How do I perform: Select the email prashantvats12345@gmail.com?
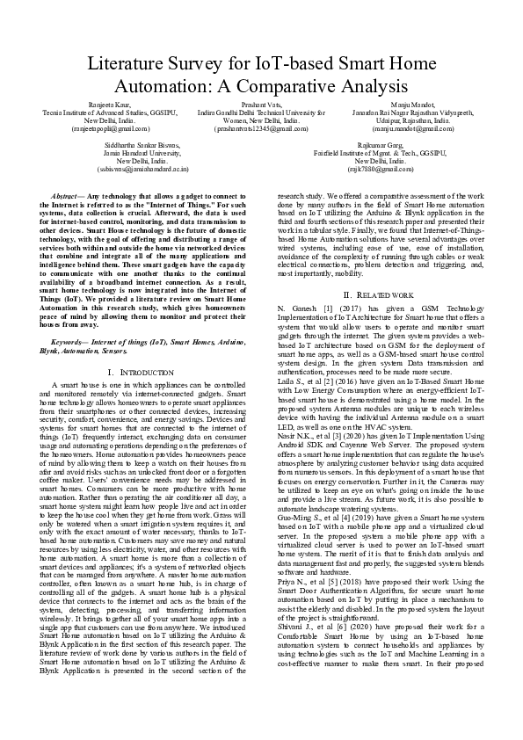point(261,128)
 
